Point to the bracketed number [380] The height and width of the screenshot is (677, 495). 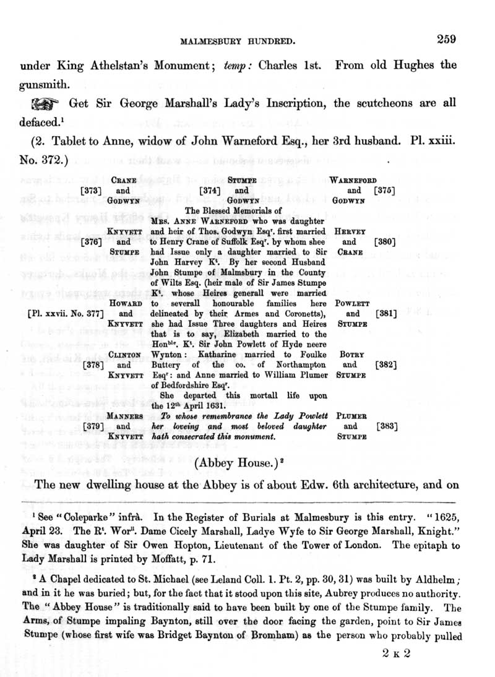point(385,243)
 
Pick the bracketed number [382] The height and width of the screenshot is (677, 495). point(385,365)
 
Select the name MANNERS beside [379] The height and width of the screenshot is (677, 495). point(126,416)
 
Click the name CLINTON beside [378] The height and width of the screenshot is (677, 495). point(126,355)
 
